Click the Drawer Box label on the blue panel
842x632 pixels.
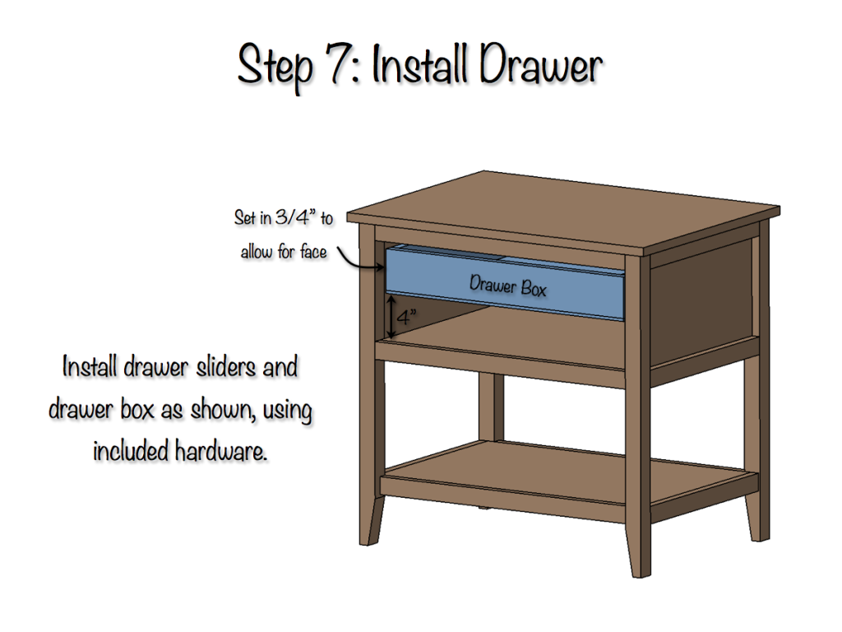click(x=507, y=286)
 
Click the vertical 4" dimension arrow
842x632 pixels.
click(x=392, y=318)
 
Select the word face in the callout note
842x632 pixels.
click(x=312, y=253)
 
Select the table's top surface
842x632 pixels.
click(x=567, y=210)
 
